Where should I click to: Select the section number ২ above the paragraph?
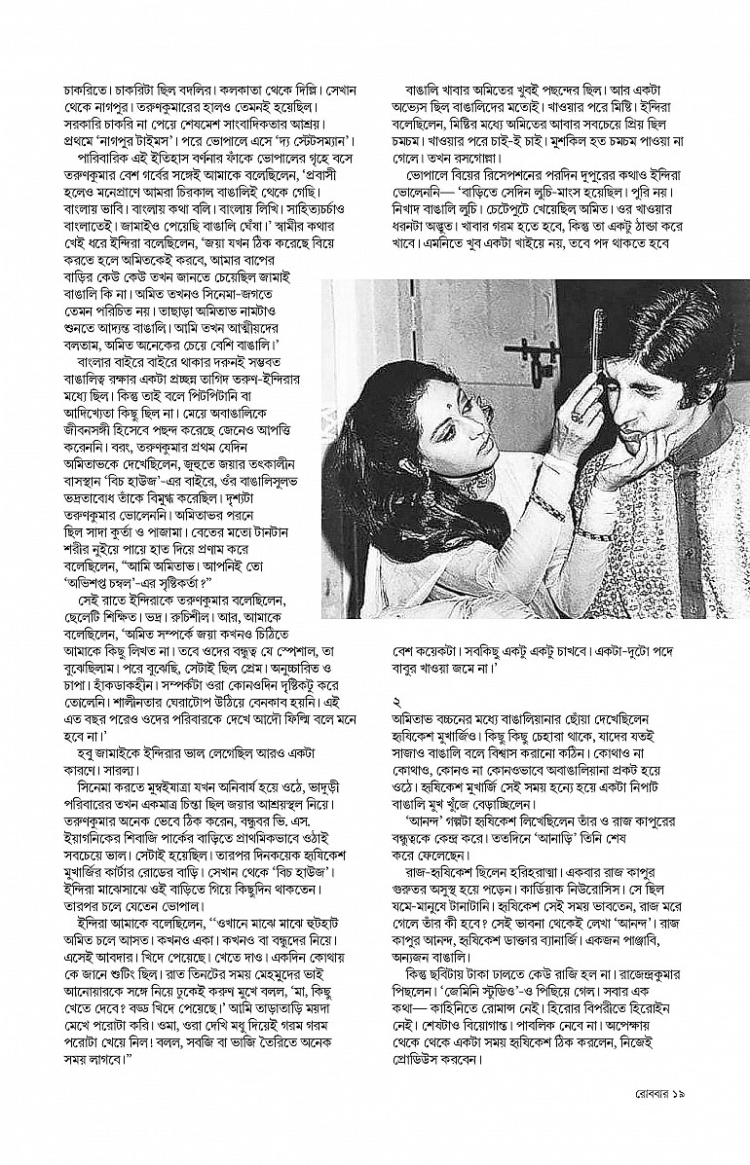(x=396, y=700)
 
